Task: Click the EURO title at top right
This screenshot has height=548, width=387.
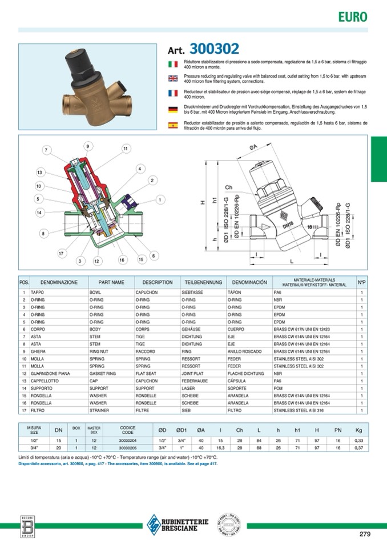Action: click(x=353, y=17)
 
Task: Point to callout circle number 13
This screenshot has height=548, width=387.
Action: click(x=39, y=172)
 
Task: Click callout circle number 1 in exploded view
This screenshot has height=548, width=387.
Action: click(x=160, y=200)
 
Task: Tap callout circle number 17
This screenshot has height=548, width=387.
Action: click(x=61, y=253)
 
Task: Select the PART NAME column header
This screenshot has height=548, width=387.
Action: click(x=111, y=282)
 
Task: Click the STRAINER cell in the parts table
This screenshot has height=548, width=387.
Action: click(x=100, y=410)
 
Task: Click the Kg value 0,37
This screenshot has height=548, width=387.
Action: click(x=358, y=448)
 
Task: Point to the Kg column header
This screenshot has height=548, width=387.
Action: click(x=358, y=430)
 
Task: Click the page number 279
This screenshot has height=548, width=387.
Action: click(x=365, y=534)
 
